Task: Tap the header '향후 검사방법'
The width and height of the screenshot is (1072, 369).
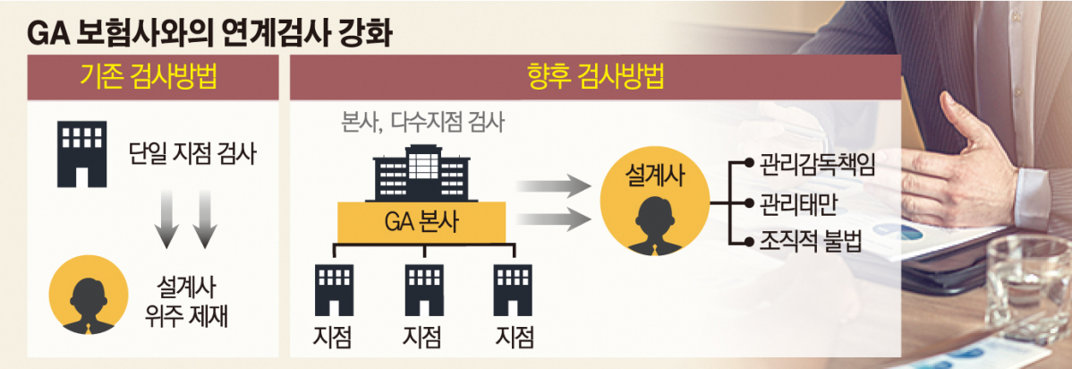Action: pos(595,80)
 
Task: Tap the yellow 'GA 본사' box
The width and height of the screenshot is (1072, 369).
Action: pos(421,222)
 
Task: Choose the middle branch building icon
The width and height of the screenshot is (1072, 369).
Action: pos(424,287)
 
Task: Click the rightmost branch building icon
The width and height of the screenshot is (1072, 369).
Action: pos(515,287)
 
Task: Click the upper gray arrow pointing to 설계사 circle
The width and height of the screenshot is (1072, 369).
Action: pos(555,186)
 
